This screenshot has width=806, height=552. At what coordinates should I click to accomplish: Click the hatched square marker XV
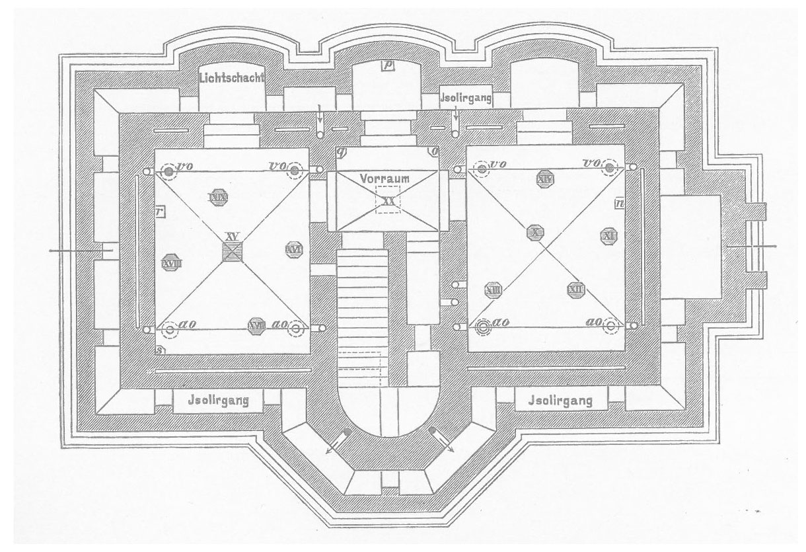[x=231, y=251]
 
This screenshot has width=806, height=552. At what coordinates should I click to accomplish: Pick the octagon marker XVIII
[x=171, y=262]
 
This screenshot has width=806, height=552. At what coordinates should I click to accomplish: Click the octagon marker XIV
[x=545, y=177]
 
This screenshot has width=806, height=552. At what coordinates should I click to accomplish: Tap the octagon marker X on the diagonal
[x=534, y=232]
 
